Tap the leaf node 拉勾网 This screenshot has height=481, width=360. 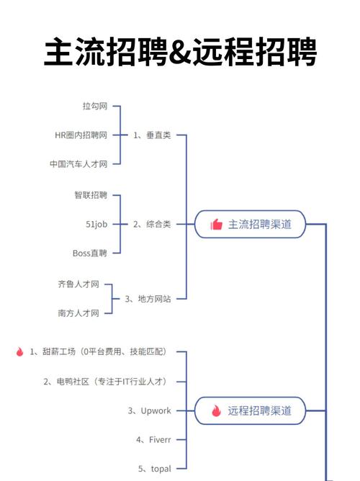point(94,107)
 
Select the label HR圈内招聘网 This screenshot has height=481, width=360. point(81,135)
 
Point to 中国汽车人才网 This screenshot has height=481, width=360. point(78,163)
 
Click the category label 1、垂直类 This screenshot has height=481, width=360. point(152,135)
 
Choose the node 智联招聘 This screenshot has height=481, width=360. point(91,195)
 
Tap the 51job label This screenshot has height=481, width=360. point(96,224)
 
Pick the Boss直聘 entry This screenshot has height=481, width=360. point(90,253)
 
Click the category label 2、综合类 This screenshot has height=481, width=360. point(152,224)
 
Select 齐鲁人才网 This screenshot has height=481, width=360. point(78,284)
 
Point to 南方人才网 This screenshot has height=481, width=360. point(78,313)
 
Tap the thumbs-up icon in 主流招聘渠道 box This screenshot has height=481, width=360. point(216,225)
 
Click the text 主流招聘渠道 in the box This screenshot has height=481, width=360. point(260,224)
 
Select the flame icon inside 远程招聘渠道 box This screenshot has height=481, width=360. point(216,410)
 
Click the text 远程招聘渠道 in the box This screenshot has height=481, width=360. point(260,410)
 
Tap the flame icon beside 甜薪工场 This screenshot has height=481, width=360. point(19,351)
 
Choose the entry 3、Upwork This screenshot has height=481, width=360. point(150,410)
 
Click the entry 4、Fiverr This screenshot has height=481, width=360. point(153,439)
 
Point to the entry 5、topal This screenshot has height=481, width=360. point(155,469)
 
